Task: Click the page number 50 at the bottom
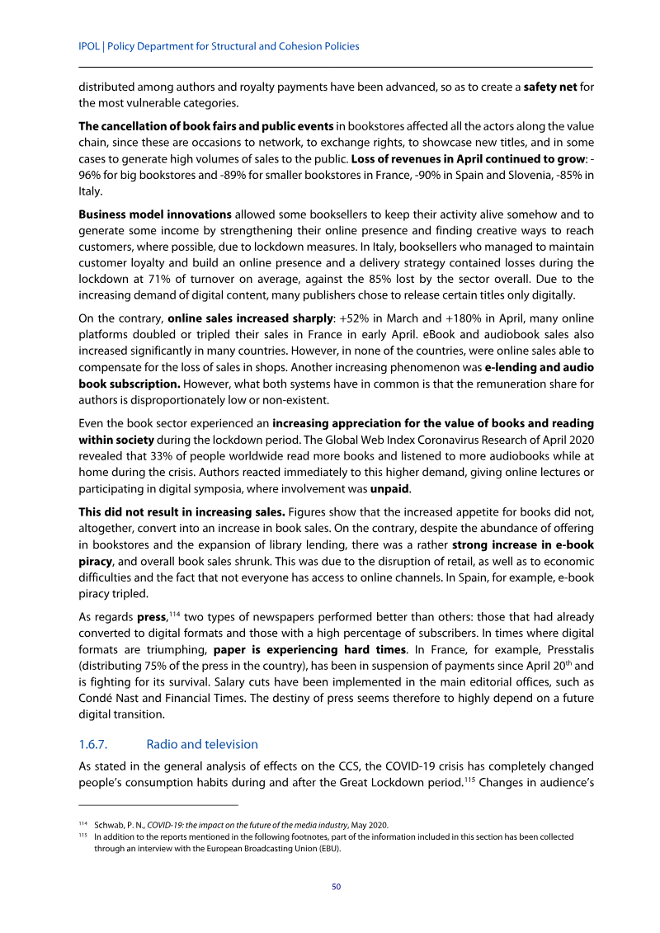(336, 887)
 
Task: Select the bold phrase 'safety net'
(550, 87)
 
